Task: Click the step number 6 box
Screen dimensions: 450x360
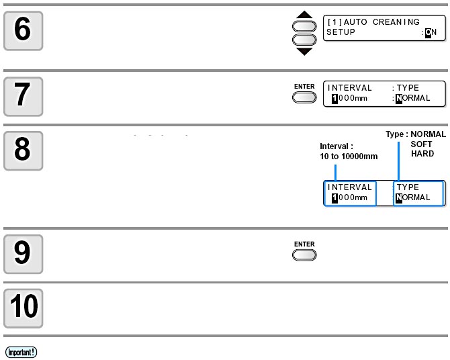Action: (x=24, y=31)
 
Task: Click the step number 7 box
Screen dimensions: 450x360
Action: (x=24, y=97)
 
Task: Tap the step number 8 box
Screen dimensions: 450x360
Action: (x=24, y=150)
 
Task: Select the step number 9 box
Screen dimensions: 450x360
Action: (x=24, y=254)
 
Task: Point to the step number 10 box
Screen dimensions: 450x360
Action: (x=24, y=308)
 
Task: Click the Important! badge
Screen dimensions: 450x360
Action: (x=21, y=352)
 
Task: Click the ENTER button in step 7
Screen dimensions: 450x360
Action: (x=304, y=97)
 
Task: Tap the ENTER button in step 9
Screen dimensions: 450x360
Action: (x=304, y=255)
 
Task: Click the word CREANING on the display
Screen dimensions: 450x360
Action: (x=396, y=21)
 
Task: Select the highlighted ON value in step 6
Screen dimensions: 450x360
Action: (x=431, y=32)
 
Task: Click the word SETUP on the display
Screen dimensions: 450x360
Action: (x=341, y=32)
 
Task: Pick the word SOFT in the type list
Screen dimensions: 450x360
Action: (x=421, y=144)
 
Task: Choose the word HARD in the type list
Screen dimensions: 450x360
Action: (x=422, y=154)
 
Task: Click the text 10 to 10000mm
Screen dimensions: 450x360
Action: (x=349, y=156)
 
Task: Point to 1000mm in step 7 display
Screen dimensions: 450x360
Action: (x=349, y=98)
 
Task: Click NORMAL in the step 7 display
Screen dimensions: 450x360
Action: (x=412, y=98)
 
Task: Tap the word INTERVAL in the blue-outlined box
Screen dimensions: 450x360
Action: (x=349, y=187)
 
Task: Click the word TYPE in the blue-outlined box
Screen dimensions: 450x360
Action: (x=408, y=187)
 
